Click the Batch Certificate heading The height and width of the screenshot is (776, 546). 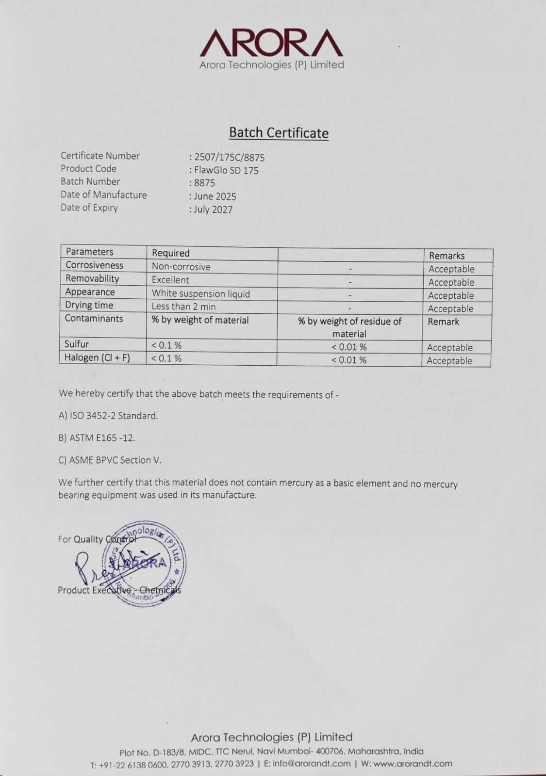point(279,133)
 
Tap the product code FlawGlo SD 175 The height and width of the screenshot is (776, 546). point(226,170)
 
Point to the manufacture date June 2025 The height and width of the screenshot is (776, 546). point(215,196)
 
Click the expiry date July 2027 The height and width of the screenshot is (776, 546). point(213,210)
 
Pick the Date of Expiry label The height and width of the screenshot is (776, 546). point(89,208)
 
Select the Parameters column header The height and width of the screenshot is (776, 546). point(89,252)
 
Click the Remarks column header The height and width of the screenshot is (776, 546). point(447,256)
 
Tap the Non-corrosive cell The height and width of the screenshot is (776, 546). point(181,267)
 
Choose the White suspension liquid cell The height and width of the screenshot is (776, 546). point(200,293)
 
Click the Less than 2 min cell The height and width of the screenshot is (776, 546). point(183,307)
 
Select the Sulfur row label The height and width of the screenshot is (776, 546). point(77,344)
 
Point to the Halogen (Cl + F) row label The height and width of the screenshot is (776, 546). point(97,358)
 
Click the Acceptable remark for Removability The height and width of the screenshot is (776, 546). point(451,282)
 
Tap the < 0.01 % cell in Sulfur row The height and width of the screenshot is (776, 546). point(349,347)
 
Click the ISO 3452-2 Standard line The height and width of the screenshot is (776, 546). point(108,416)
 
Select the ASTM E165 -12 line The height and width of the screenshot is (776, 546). point(97,437)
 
